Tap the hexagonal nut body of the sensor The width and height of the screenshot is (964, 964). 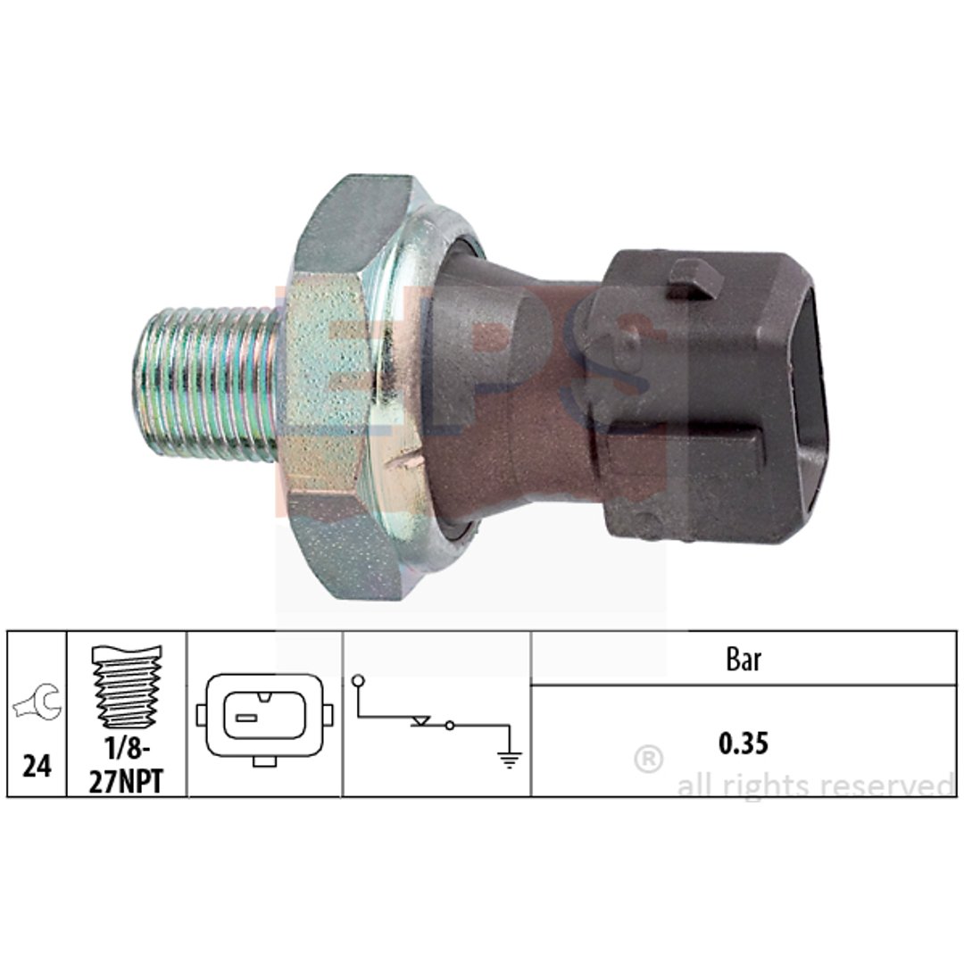tap(345, 387)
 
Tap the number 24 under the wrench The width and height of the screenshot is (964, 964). tap(37, 766)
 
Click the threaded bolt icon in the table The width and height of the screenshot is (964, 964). tap(127, 686)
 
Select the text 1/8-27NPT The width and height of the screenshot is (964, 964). tap(127, 765)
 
